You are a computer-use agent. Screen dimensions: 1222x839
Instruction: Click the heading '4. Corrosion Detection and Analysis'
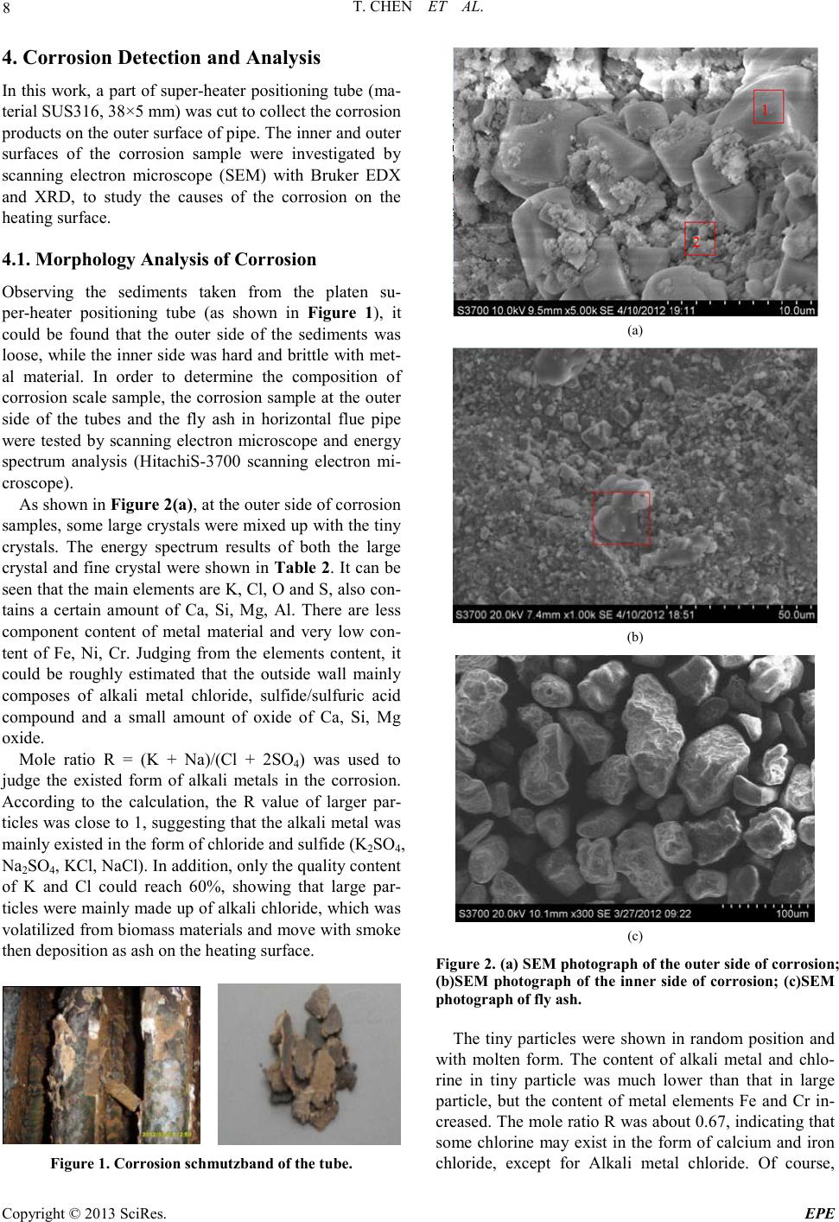pos(162,58)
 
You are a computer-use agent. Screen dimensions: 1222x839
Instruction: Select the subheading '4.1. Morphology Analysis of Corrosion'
pos(160,258)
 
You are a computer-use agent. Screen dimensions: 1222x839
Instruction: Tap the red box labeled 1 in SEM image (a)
pos(768,106)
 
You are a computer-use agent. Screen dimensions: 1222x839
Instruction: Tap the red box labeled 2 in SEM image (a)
pos(699,239)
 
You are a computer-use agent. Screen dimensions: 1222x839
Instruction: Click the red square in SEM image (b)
pos(620,518)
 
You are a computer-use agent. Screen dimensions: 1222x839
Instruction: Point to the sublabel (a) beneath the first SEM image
pos(634,329)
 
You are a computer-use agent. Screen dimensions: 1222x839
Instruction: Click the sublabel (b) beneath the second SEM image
pos(634,636)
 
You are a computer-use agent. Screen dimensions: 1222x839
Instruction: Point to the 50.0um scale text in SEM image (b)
pos(793,614)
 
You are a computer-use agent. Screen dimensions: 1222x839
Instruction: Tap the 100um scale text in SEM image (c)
pos(793,914)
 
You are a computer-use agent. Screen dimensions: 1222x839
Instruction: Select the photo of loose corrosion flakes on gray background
pos(308,1064)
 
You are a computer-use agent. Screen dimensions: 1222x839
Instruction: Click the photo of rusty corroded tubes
pos(101,1064)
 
